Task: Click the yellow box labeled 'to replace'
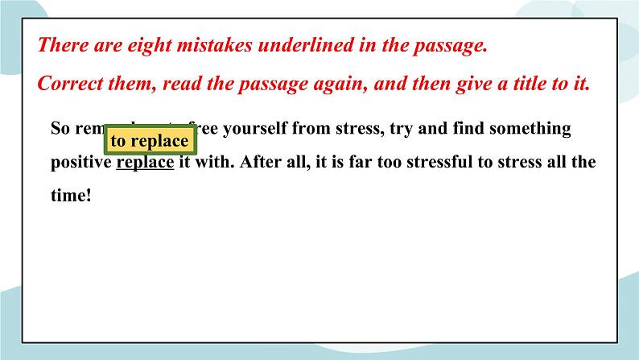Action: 150,141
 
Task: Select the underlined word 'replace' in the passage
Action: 146,162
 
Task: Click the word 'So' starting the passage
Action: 60,128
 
